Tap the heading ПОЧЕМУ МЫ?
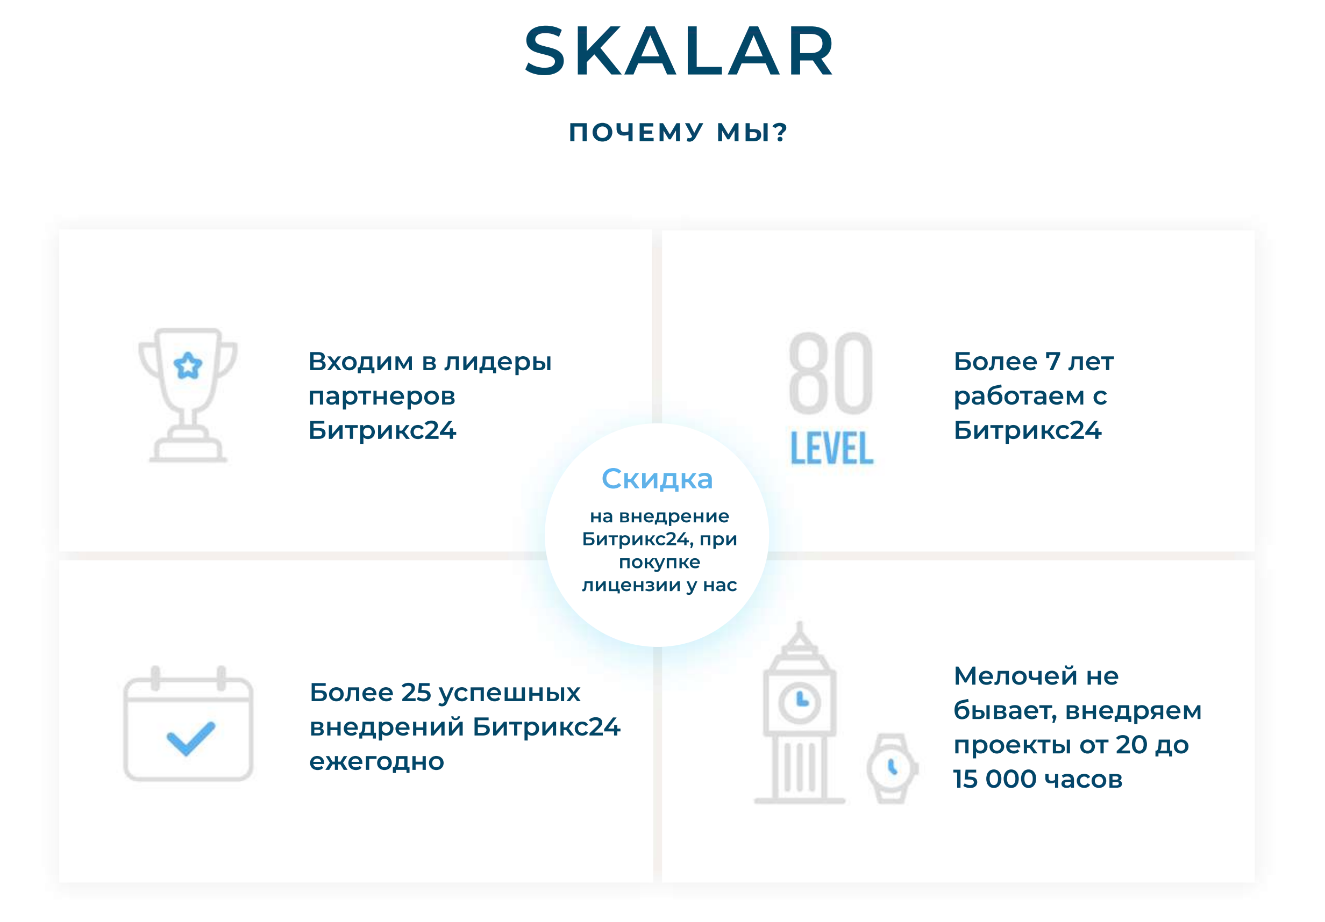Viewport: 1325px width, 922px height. tap(679, 133)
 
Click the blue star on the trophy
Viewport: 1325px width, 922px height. tap(188, 365)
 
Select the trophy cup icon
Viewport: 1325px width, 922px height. tap(188, 395)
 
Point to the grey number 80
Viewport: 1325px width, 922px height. tap(831, 373)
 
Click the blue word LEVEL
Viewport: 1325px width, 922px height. tap(831, 448)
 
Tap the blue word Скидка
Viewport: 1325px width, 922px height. tap(657, 479)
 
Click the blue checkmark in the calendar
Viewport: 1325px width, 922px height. tap(190, 738)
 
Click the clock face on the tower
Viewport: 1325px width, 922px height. tap(800, 702)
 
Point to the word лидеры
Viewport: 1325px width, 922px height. tap(498, 363)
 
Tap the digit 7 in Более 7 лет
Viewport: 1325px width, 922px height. tap(1052, 362)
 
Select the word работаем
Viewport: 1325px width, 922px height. tap(1019, 396)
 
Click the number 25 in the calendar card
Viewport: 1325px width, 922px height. tap(416, 693)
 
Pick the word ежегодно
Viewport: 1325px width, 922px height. tap(377, 762)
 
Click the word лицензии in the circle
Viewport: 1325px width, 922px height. tap(631, 586)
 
